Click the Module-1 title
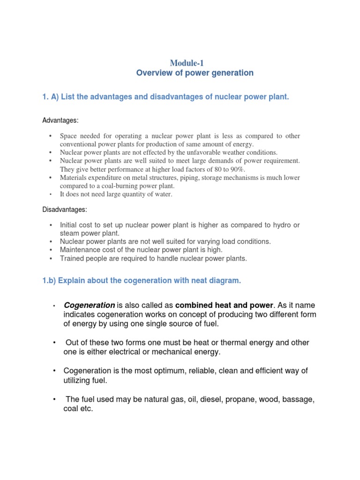[x=187, y=62]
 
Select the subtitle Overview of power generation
[x=195, y=73]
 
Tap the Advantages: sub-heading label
[x=60, y=120]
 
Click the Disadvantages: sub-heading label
[x=65, y=209]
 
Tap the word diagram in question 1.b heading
[x=225, y=281]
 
